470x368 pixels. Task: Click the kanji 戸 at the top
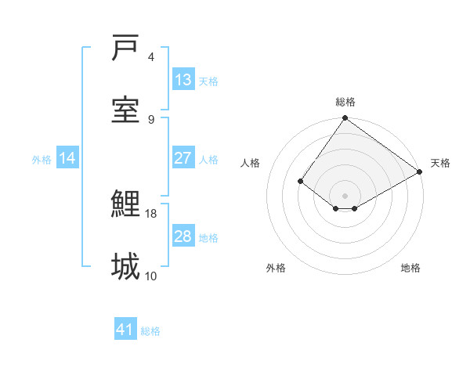click(x=125, y=49)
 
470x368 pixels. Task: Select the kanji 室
click(x=125, y=109)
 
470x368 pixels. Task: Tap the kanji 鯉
click(x=125, y=204)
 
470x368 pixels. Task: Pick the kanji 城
click(x=125, y=266)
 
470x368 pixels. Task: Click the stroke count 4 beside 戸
click(x=151, y=57)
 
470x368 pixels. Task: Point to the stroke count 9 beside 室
click(x=151, y=119)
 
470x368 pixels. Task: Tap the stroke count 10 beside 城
click(x=151, y=276)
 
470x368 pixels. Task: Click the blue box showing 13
click(x=183, y=80)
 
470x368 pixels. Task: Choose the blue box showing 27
click(x=183, y=158)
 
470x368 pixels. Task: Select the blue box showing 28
click(x=183, y=236)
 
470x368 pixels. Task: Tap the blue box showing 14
click(x=67, y=158)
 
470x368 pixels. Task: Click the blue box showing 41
click(x=125, y=330)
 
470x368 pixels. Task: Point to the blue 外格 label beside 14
click(x=42, y=160)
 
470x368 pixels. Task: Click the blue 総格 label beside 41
click(x=150, y=331)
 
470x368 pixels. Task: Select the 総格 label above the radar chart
click(x=345, y=102)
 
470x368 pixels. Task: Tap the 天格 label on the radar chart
click(x=440, y=163)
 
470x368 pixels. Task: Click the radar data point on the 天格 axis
click(x=420, y=172)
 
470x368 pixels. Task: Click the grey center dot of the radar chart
click(x=345, y=195)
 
